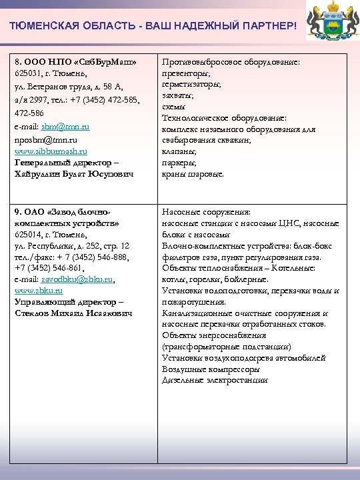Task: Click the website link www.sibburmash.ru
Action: pos(51,151)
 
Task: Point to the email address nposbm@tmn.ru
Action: pos(45,139)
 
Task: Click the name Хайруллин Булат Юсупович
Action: pos(73,174)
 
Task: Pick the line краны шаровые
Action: pos(193,174)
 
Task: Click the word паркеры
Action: pos(179,163)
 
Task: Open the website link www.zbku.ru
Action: pos(39,291)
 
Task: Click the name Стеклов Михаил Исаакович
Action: pos(73,313)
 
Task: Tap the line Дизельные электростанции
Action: pos(215,380)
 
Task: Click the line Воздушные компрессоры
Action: pos(211,369)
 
